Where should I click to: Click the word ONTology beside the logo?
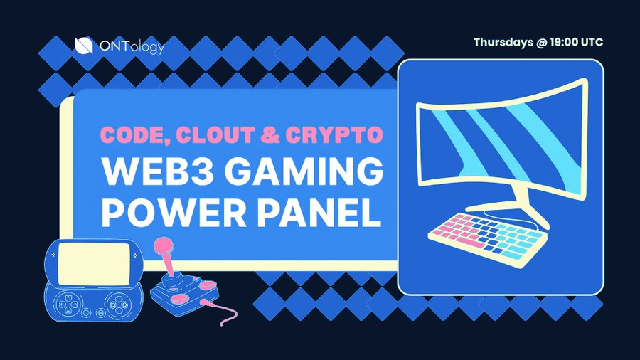[x=129, y=46]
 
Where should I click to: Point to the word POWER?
[x=163, y=214]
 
